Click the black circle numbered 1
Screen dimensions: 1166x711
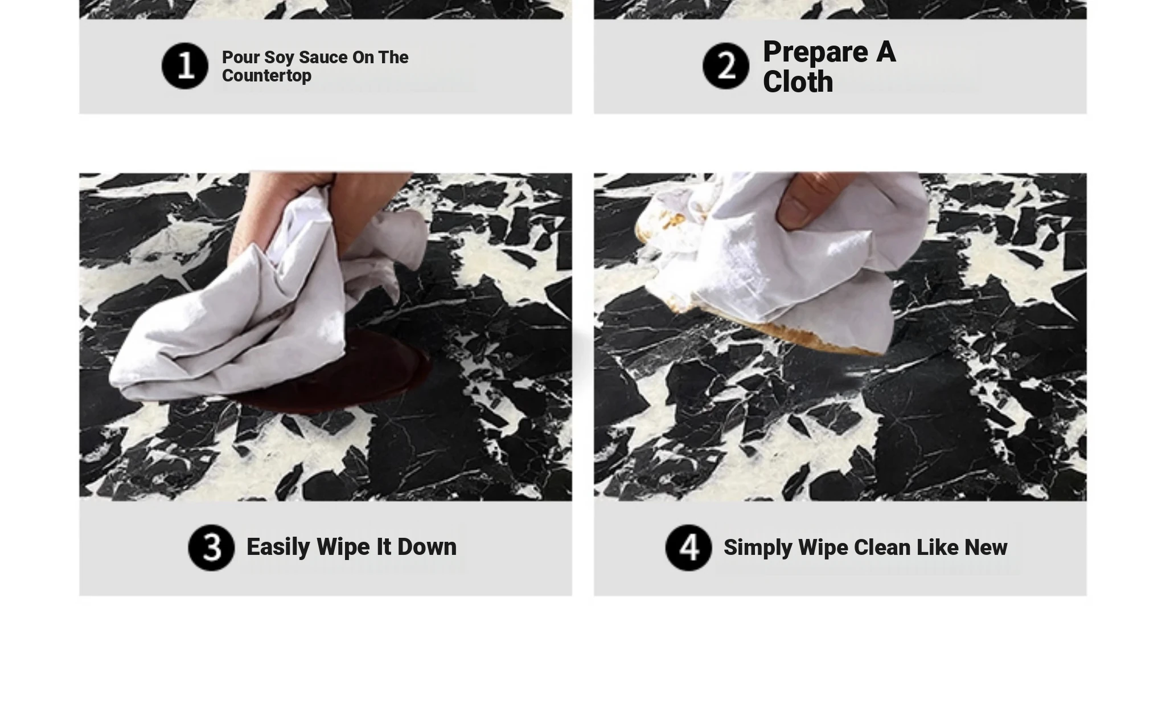(185, 66)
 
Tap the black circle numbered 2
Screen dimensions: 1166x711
(726, 66)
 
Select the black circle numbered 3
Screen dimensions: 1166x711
(211, 547)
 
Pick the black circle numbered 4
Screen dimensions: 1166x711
(688, 547)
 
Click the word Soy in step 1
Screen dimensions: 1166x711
(279, 58)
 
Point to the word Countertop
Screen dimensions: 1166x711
(266, 76)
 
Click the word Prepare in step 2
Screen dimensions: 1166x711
(815, 52)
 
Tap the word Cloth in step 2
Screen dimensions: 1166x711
(798, 82)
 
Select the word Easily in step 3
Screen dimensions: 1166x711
(278, 547)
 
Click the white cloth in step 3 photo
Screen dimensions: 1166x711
(256, 308)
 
